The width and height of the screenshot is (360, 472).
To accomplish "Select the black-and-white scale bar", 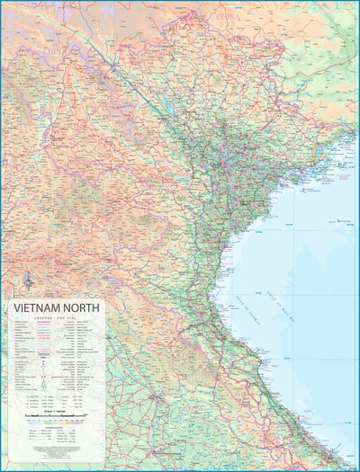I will point(54,416).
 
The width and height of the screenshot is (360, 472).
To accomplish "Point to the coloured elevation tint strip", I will point(54,423).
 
